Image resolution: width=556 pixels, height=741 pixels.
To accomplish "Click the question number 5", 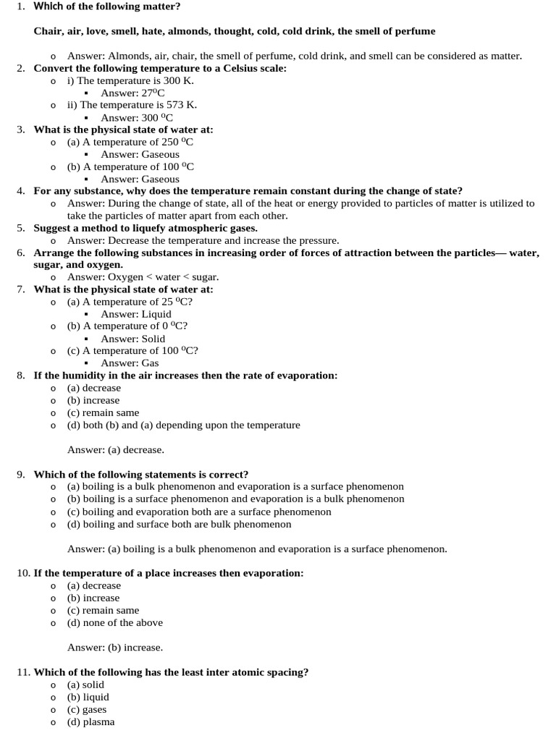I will [x=21, y=228].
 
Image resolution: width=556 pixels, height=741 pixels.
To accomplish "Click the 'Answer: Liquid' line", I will [x=136, y=314].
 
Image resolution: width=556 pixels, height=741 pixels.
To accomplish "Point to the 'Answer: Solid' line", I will [x=132, y=339].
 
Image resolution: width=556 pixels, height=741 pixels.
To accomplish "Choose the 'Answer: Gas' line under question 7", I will [x=130, y=363].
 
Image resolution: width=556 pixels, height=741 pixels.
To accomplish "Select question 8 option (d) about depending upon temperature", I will [x=183, y=425].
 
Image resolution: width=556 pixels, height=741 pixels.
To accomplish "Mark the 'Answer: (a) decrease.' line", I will [x=116, y=449].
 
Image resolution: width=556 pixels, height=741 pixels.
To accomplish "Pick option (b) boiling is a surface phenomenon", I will [x=235, y=499].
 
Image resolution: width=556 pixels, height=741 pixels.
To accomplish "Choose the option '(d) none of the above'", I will [x=114, y=622].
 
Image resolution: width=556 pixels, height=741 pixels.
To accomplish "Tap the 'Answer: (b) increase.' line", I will [x=115, y=647].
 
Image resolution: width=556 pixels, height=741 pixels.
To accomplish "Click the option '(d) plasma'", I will [x=90, y=721].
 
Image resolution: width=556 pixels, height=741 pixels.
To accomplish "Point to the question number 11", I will [x=23, y=672].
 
